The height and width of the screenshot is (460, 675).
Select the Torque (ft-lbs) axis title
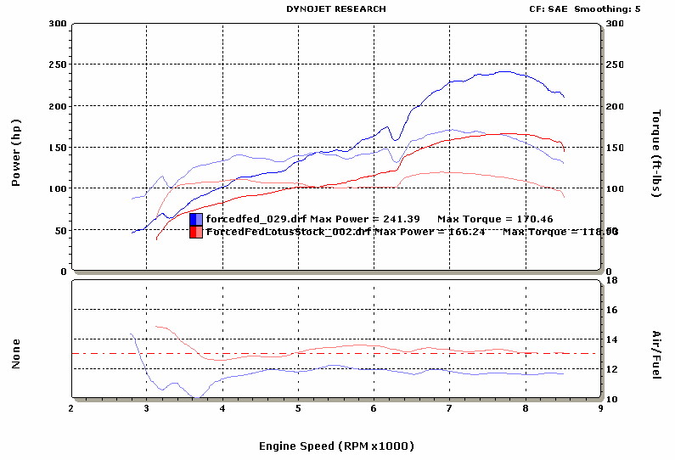pos(656,154)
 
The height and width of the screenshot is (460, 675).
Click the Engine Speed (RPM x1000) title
pos(337,445)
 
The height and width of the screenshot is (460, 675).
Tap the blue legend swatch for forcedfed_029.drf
pos(196,219)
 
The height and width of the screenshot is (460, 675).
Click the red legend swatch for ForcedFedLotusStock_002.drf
pos(196,232)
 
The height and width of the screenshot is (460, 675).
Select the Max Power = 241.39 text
pos(365,219)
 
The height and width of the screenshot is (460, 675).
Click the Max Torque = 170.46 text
pos(488,219)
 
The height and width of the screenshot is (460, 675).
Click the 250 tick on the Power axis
pos(58,65)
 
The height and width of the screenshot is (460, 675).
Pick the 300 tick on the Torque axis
pos(616,23)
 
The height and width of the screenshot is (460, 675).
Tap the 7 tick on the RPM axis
pos(450,407)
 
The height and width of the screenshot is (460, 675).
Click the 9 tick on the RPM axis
pos(601,407)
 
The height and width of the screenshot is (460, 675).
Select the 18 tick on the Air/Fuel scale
pos(616,280)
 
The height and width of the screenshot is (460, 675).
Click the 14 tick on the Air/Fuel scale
pos(616,339)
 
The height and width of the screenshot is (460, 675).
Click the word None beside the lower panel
pos(15,354)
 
